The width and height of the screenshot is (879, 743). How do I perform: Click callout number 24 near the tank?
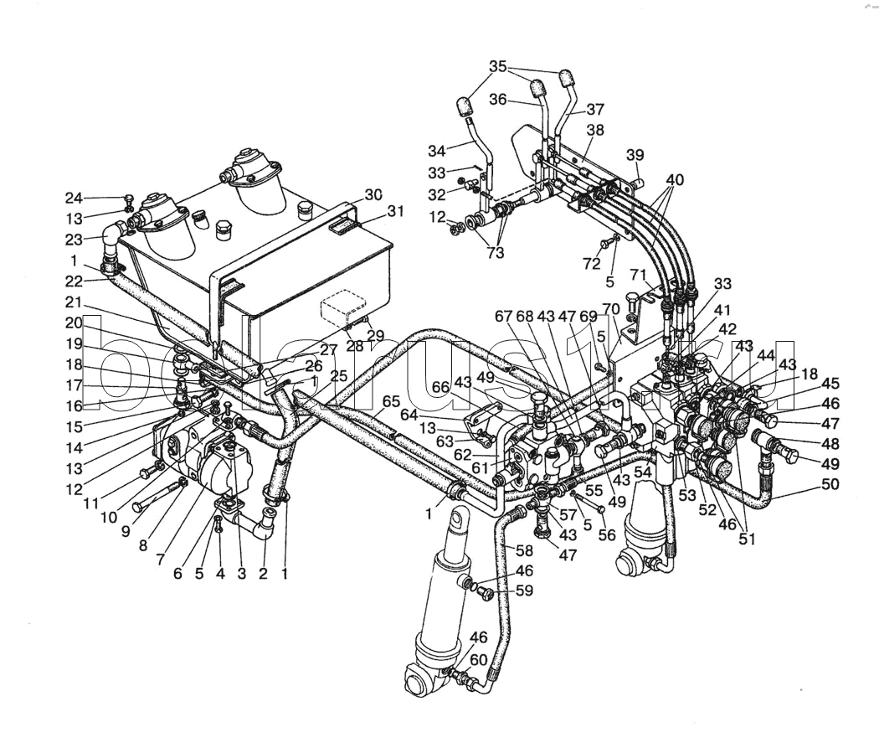tap(75, 199)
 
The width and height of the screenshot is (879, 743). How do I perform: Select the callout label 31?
tap(396, 212)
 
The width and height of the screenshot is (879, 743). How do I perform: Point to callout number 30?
tap(373, 194)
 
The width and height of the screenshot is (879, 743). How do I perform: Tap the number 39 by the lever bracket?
tap(635, 154)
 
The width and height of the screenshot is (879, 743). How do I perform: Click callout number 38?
tap(595, 131)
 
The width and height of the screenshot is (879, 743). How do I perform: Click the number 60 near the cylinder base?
tap(478, 660)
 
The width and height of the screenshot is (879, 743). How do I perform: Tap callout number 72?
tap(593, 263)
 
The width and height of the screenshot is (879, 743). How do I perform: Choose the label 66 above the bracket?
tap(440, 386)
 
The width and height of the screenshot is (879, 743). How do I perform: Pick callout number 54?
tap(642, 472)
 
